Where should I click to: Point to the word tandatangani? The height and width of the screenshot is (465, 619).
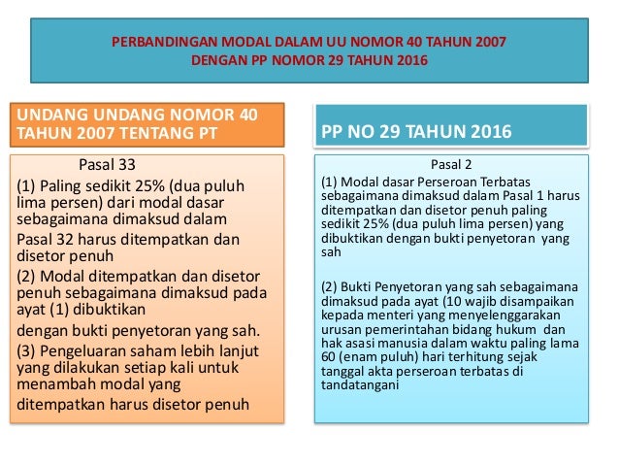(363, 384)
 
